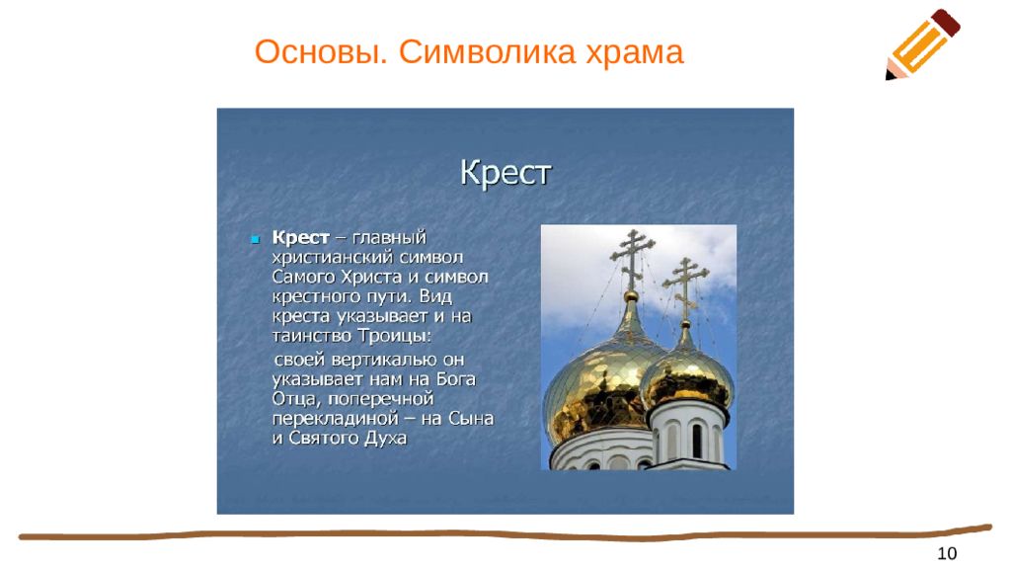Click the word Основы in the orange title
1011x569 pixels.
[x=321, y=52]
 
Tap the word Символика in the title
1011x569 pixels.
[x=487, y=51]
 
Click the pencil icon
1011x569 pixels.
[x=923, y=43]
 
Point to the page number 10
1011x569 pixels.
[x=947, y=553]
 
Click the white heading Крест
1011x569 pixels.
[x=505, y=172]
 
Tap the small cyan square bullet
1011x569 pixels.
[x=256, y=239]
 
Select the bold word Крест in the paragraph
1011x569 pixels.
[x=300, y=237]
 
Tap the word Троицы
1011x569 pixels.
[x=395, y=336]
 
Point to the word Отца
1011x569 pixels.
[x=294, y=399]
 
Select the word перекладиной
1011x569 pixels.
[x=336, y=419]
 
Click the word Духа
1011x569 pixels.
[x=386, y=439]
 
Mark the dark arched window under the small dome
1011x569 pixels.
[x=696, y=442]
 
